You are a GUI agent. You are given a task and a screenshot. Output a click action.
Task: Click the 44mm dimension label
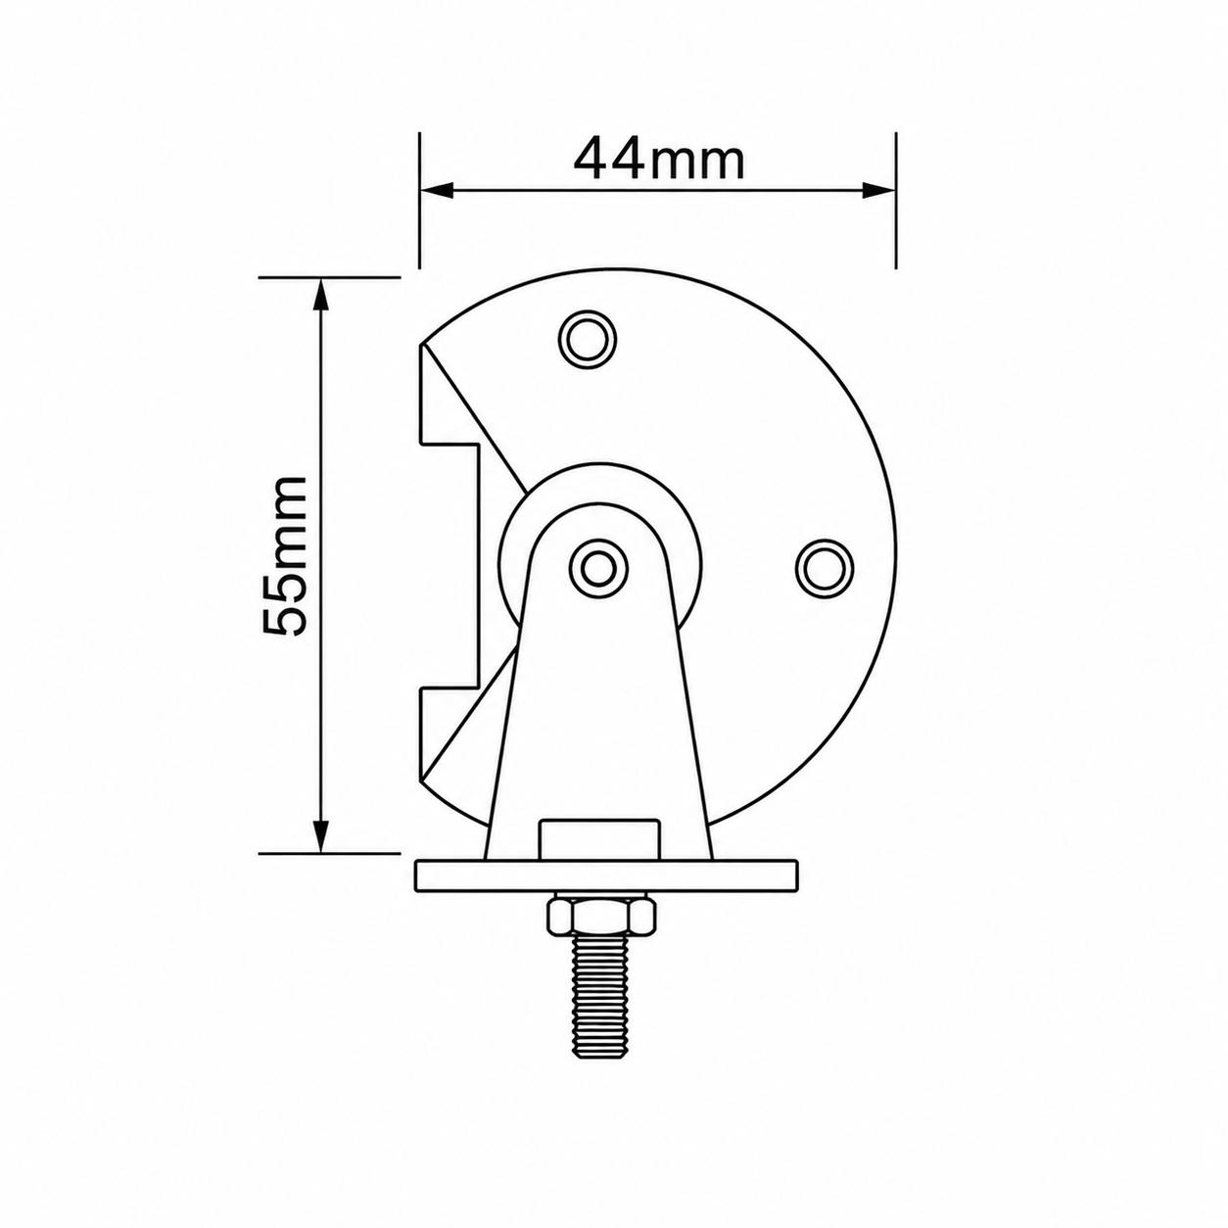click(x=659, y=159)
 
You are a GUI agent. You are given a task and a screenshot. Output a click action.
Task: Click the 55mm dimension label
click(x=286, y=555)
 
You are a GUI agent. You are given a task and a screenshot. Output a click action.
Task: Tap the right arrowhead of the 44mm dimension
click(x=878, y=189)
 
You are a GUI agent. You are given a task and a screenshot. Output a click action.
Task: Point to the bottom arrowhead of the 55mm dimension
click(x=321, y=835)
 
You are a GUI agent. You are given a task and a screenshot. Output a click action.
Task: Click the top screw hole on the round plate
click(x=587, y=340)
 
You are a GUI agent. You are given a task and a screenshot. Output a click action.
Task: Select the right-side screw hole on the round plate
click(x=826, y=568)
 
